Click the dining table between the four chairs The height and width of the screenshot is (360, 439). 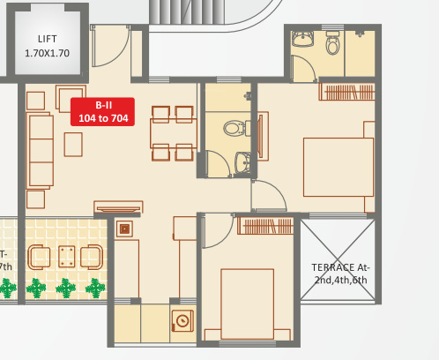coord(173,132)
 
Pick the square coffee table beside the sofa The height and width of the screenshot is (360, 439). coord(74,143)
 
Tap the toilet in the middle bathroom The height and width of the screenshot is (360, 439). coord(233,128)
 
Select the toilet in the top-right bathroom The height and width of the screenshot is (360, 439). coord(332,43)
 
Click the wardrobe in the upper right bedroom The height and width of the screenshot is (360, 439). coord(346,91)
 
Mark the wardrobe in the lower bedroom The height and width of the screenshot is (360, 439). coord(265,226)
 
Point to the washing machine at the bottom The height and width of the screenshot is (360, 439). coord(183,320)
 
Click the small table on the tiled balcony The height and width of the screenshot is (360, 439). coord(66,256)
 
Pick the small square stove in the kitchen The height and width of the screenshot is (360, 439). coord(125,229)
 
